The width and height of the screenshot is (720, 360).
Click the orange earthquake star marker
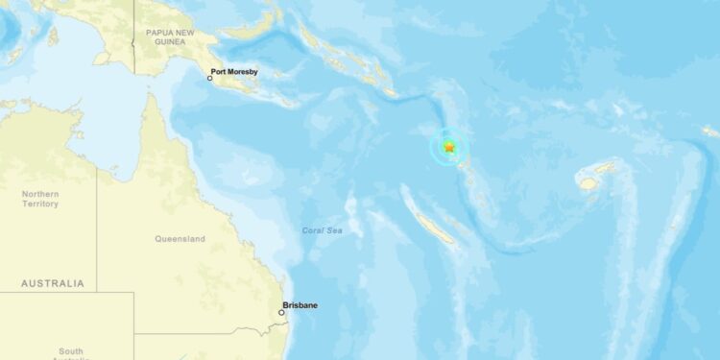click(x=449, y=147)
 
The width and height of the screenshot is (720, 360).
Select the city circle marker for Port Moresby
click(x=210, y=78)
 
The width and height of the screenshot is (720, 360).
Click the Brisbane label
click(x=300, y=305)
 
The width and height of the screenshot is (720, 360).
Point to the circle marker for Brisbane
click(x=281, y=312)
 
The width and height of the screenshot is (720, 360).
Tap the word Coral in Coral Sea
click(x=314, y=230)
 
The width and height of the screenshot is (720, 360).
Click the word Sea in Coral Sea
click(x=335, y=230)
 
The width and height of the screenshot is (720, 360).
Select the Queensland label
click(x=180, y=239)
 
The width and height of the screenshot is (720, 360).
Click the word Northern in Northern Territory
click(x=40, y=194)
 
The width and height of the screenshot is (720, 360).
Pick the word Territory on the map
click(x=40, y=204)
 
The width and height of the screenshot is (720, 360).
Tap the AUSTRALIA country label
click(x=53, y=283)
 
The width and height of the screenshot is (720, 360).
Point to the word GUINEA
click(x=165, y=41)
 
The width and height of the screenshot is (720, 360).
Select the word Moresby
click(x=247, y=71)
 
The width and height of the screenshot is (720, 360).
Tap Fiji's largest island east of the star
click(x=588, y=180)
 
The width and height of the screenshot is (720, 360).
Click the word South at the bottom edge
click(x=70, y=351)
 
